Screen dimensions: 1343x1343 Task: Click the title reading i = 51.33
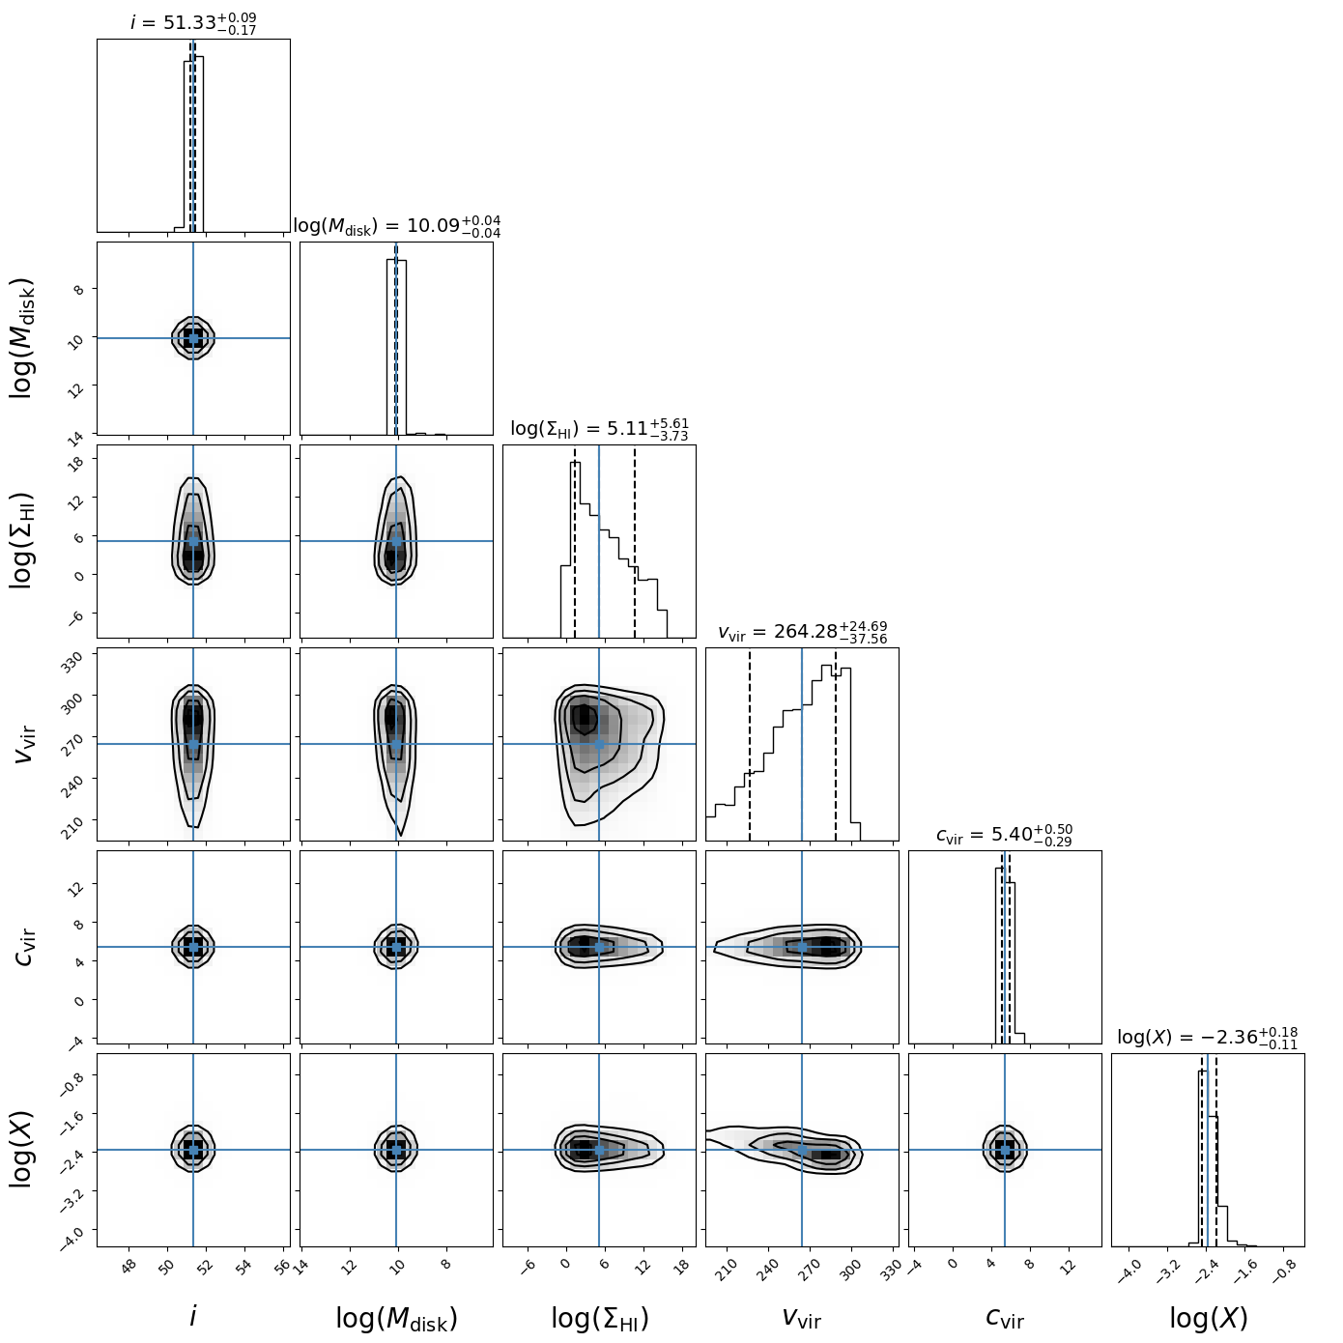(193, 22)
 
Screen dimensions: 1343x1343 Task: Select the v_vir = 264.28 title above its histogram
(802, 632)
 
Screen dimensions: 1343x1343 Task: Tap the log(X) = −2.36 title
(1208, 1038)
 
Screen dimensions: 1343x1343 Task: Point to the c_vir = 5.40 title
(1005, 835)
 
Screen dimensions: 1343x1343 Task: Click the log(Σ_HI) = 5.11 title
(599, 429)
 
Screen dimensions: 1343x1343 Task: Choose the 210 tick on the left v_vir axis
(77, 820)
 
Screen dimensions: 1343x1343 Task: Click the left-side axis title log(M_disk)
(23, 338)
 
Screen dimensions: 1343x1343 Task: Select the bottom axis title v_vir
(802, 1318)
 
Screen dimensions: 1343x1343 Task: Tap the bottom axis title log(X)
(1208, 1318)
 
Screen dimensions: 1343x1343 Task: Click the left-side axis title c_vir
(25, 947)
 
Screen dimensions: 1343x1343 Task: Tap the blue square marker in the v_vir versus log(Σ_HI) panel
(599, 744)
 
